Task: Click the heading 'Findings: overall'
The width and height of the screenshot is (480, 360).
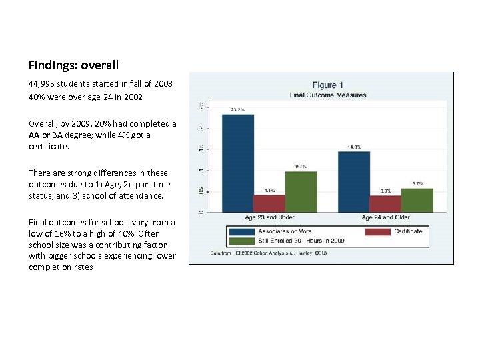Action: (73, 65)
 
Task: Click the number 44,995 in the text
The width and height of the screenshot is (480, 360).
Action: (43, 84)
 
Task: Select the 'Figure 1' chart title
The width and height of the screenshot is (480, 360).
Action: (328, 85)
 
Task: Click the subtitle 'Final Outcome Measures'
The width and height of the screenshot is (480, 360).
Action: (328, 95)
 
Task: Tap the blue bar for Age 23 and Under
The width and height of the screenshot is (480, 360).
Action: (238, 163)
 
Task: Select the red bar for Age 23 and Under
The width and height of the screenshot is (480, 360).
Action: (269, 203)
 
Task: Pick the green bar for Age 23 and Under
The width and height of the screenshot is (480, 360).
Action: (301, 191)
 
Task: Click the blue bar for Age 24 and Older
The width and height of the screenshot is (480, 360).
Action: (354, 181)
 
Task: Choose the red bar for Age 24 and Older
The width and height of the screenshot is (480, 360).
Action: (385, 203)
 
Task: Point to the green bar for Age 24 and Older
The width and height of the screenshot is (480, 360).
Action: (417, 200)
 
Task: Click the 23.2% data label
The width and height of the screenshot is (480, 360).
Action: (237, 109)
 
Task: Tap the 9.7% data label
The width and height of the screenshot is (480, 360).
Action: (301, 167)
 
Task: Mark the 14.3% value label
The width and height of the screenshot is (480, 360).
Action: (354, 147)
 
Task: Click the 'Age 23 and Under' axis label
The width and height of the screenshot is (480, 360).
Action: (269, 218)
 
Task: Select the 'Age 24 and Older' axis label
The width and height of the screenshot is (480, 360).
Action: (386, 218)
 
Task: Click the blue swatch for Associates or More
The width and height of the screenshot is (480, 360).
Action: (241, 231)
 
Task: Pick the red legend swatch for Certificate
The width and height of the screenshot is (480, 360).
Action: (377, 231)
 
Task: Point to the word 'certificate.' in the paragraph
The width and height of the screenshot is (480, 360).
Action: (49, 145)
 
